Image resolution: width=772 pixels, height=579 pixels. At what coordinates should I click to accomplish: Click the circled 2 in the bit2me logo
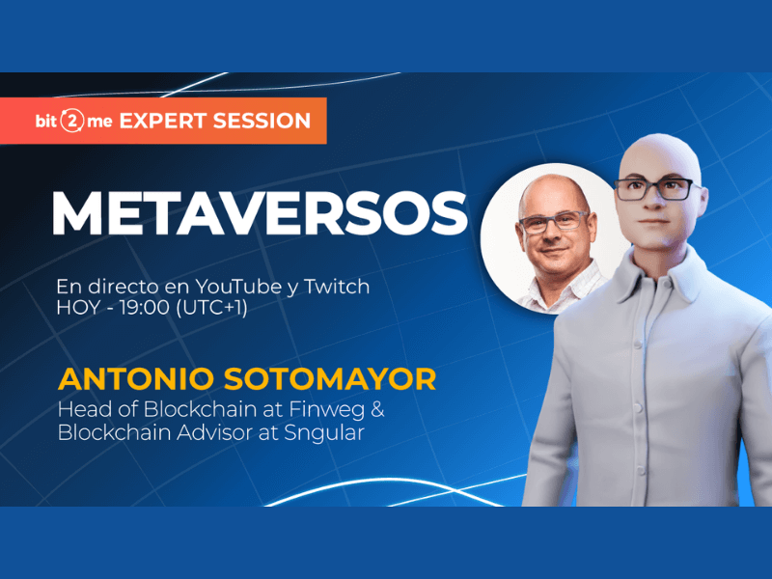coord(72,122)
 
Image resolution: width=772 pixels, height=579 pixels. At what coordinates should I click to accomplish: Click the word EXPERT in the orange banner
coord(162,122)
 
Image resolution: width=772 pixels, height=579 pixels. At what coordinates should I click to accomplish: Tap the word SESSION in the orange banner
coord(262,122)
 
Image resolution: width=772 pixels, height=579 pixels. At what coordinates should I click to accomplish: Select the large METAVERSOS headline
coord(260,212)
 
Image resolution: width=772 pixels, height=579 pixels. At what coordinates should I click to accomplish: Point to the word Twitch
coord(337,286)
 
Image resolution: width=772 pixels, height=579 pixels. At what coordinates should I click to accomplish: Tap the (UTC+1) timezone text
coord(211,308)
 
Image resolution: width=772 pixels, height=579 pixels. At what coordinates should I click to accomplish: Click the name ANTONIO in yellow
coord(136,379)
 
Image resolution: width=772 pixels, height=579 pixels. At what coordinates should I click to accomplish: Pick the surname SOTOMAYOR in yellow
coord(330,379)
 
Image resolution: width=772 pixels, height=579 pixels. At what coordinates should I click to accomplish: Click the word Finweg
coord(327,409)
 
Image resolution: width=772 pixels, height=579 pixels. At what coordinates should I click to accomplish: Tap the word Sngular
coord(324,433)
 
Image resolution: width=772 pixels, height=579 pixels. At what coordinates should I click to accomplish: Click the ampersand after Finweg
coord(377,409)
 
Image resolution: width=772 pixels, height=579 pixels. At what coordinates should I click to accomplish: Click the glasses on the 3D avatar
coord(658,188)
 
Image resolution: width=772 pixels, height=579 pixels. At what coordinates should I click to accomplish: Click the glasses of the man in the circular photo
coord(553,222)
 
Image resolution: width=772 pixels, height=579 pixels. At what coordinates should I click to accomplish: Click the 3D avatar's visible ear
coord(703,203)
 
